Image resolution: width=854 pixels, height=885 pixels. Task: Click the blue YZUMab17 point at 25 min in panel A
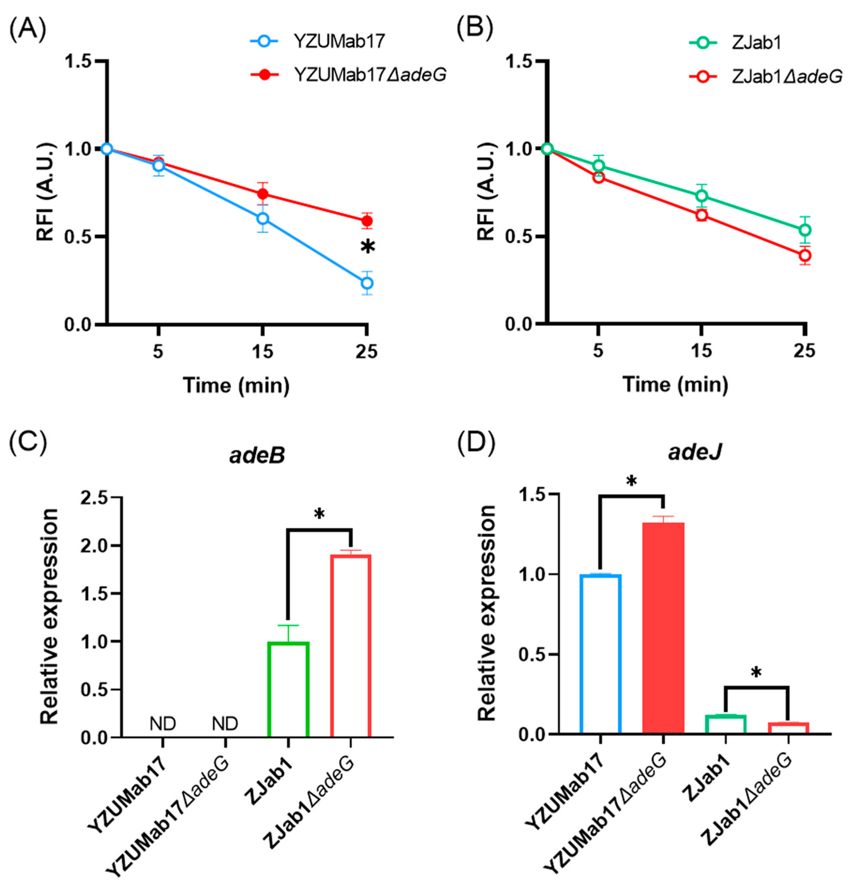click(367, 283)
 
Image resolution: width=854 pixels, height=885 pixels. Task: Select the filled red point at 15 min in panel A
click(263, 194)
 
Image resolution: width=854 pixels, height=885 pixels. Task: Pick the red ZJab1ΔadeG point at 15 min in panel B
click(701, 215)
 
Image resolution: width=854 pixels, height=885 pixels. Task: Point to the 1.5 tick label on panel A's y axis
click(79, 61)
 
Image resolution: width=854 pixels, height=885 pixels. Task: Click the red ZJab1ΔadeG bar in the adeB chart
click(351, 646)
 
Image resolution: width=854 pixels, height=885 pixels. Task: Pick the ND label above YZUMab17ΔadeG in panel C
click(225, 724)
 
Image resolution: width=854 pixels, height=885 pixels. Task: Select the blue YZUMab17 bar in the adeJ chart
click(601, 654)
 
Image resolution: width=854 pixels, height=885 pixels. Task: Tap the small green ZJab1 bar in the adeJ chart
click(725, 724)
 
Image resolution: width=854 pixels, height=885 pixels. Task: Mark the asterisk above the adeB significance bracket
click(319, 514)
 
